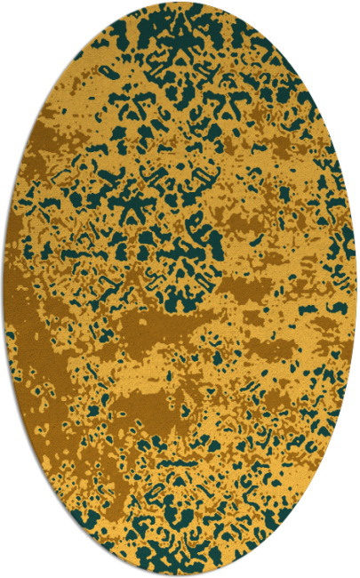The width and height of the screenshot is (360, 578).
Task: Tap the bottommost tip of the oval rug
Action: (180, 574)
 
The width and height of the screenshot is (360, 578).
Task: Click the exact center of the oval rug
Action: (180, 289)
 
